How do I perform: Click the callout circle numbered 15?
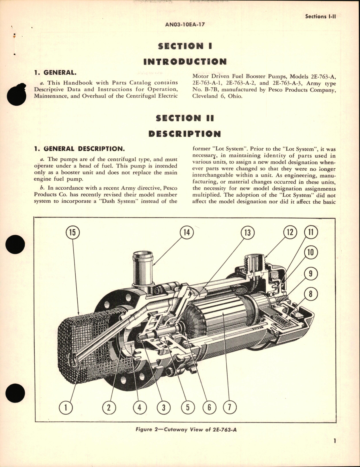pos(72,232)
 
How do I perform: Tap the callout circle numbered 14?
pos(187,232)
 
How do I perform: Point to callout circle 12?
pos(290,232)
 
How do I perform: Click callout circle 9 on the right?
pos(310,274)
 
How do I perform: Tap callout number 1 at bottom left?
pos(66,407)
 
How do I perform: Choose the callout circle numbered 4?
pos(140,407)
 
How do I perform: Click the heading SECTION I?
pos(185,46)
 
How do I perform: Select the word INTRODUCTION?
pos(185,62)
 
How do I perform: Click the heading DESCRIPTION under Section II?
pos(185,134)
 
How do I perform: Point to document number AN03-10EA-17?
pos(185,24)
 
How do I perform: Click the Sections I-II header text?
pos(320,16)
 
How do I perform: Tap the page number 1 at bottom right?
pos(334,449)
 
